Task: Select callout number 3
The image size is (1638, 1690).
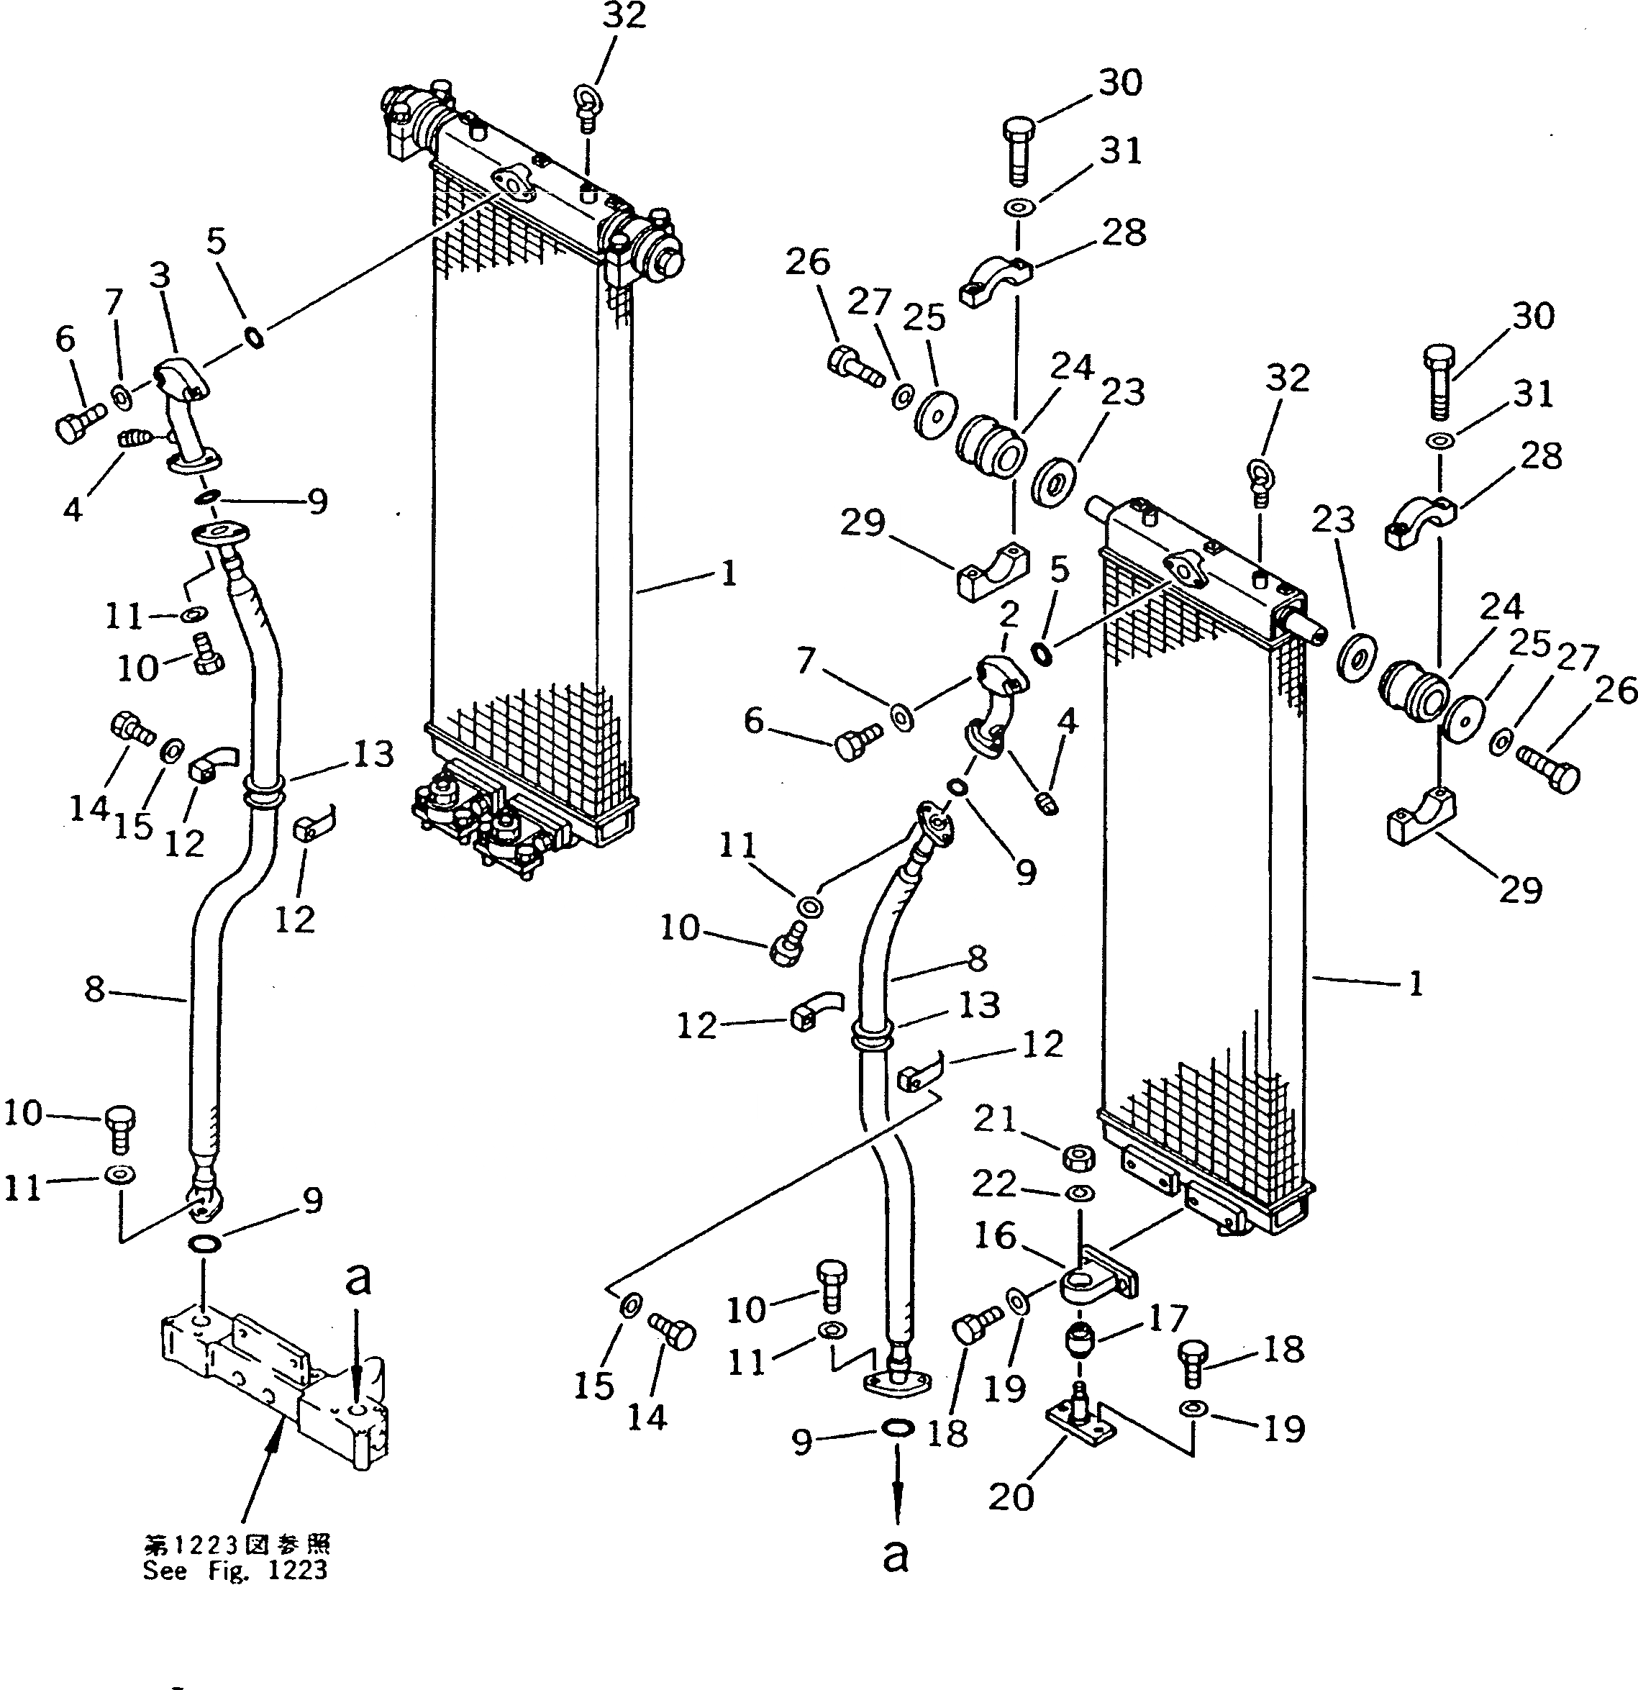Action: click(160, 276)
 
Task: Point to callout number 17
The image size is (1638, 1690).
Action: click(1168, 1317)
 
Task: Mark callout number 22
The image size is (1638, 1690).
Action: click(994, 1183)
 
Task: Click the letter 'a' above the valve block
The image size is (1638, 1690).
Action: click(357, 1278)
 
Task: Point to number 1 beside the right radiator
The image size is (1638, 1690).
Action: click(1416, 983)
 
